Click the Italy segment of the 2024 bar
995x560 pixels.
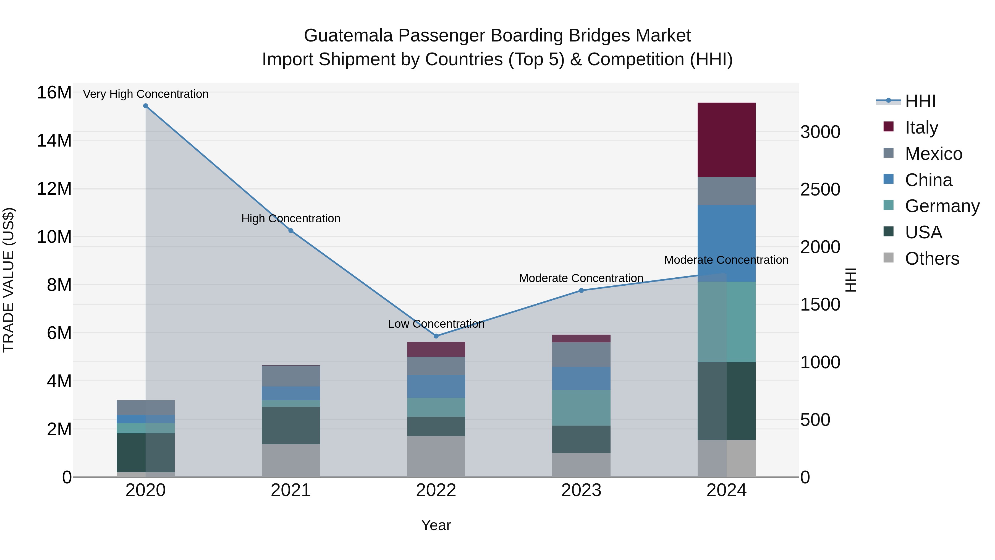point(726,140)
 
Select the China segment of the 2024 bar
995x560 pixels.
point(726,243)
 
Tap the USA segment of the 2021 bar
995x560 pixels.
point(291,425)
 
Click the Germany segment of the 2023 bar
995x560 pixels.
point(581,408)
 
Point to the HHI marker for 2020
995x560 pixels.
point(146,106)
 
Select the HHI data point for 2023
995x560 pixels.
point(581,290)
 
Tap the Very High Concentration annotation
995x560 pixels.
point(146,94)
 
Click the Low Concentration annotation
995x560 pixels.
point(436,324)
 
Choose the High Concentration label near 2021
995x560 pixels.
point(291,218)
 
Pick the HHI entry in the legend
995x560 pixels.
point(920,101)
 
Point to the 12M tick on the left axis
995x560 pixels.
point(54,189)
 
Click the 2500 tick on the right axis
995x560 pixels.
point(820,189)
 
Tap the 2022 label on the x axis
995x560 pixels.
point(436,490)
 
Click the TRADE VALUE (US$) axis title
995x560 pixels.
point(9,280)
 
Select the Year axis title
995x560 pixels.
point(436,525)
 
